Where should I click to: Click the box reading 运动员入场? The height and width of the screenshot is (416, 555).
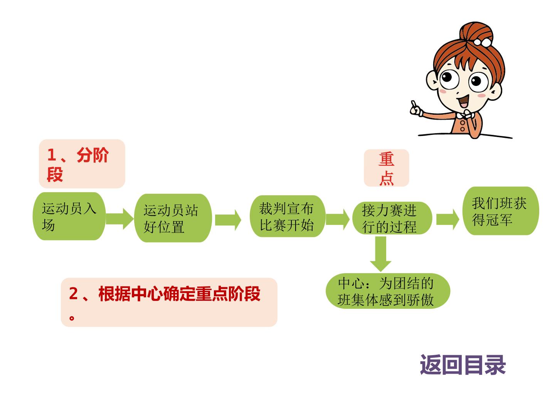click(69, 216)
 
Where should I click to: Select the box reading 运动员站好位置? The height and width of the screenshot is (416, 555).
click(173, 218)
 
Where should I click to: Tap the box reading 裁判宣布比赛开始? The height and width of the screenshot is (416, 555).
click(288, 216)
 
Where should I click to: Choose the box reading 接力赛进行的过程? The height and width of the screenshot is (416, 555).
click(392, 218)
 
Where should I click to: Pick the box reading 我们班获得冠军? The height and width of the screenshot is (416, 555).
click(501, 211)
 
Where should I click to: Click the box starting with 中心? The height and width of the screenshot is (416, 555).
click(388, 291)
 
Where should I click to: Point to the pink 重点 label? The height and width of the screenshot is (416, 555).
click(386, 168)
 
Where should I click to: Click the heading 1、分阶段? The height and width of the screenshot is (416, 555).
click(82, 164)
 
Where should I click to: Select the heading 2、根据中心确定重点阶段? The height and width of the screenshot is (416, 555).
click(169, 302)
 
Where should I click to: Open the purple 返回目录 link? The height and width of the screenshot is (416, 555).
click(463, 365)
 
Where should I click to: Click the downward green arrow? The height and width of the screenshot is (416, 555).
click(380, 254)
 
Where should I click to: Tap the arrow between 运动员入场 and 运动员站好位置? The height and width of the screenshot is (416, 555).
click(119, 219)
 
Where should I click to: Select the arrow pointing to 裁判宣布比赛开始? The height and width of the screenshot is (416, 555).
click(228, 220)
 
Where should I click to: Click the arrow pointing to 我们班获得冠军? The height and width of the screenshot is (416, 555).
click(447, 219)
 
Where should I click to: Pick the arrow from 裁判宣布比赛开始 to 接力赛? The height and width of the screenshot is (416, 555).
click(338, 219)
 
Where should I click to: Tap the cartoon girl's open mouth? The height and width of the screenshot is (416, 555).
click(464, 101)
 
